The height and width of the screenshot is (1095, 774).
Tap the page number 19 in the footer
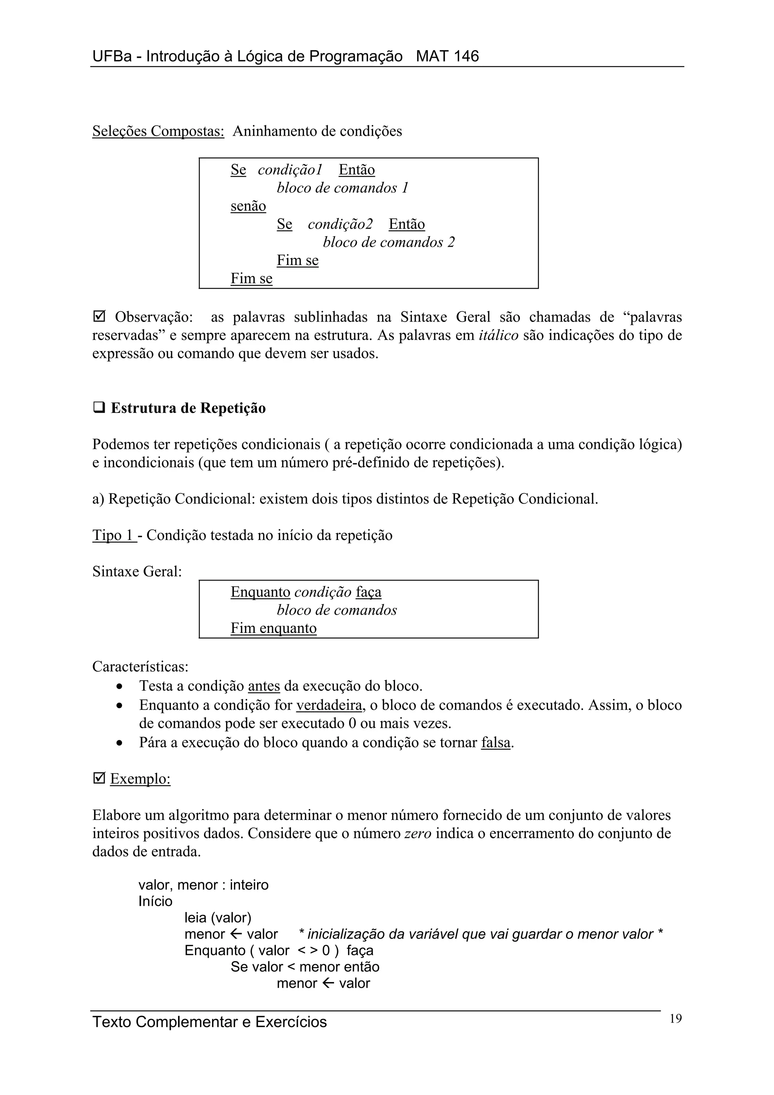675,1019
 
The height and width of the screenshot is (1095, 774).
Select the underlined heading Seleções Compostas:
158,131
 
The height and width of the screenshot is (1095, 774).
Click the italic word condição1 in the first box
290,170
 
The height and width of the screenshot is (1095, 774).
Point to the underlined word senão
248,206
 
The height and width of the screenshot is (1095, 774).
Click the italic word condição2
340,224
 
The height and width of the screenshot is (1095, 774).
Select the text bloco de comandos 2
389,242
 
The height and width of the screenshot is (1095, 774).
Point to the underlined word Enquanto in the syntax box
260,592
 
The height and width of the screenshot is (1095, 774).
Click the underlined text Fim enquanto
273,628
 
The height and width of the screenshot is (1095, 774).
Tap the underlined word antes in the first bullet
264,686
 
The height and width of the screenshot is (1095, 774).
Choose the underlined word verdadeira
329,705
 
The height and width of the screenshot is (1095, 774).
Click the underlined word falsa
495,742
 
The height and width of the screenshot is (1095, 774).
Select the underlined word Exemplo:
140,779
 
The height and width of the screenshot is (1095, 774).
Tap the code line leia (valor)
217,917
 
